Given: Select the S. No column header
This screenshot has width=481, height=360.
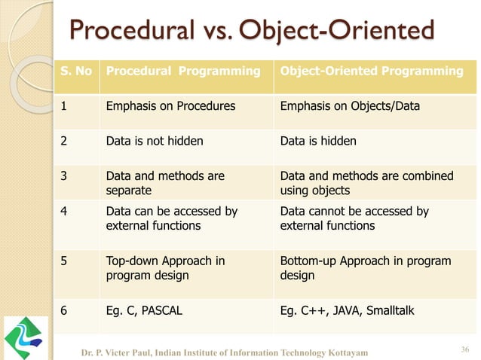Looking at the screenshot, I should (x=75, y=72).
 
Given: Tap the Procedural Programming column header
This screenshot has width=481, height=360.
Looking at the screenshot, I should (x=180, y=72).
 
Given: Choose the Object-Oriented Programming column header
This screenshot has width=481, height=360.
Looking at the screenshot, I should (x=372, y=72).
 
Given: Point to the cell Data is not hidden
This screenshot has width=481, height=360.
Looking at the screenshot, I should (x=155, y=140).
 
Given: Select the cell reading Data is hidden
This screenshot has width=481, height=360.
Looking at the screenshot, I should (x=318, y=140).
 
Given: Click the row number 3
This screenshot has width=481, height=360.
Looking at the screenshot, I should (x=65, y=175).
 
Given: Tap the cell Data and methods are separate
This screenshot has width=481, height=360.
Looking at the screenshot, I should (x=165, y=182).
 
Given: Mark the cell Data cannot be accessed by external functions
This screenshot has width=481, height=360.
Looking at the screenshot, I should (x=354, y=218).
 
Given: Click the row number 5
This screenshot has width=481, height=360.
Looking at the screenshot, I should (x=65, y=261).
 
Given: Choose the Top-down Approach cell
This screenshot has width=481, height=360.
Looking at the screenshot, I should (x=166, y=267).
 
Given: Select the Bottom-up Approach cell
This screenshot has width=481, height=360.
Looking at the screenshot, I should (x=365, y=267).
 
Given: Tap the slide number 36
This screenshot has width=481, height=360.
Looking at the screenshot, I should (x=464, y=347).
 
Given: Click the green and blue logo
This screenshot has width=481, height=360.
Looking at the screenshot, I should (x=29, y=337).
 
